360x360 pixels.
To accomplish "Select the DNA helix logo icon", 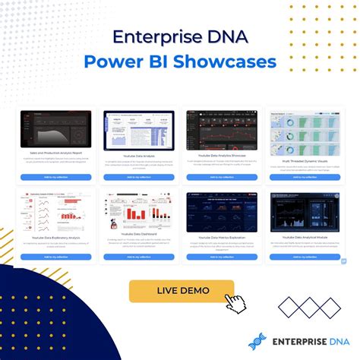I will pos(257,341).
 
